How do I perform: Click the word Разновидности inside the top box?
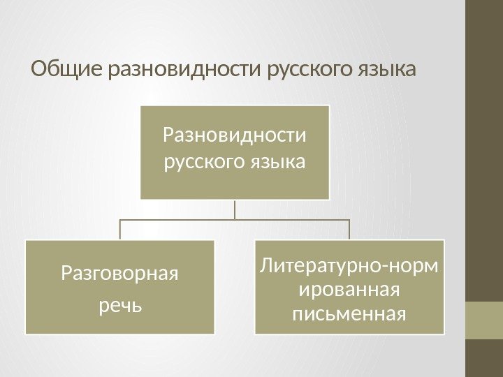coord(235,133)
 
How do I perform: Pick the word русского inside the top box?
coord(203,163)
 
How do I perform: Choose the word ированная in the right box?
coord(349,288)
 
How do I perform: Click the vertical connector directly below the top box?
coord(235,209)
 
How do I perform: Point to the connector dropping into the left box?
coord(120,230)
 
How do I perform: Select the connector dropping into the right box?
coord(349,230)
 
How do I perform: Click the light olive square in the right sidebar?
coord(484,320)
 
